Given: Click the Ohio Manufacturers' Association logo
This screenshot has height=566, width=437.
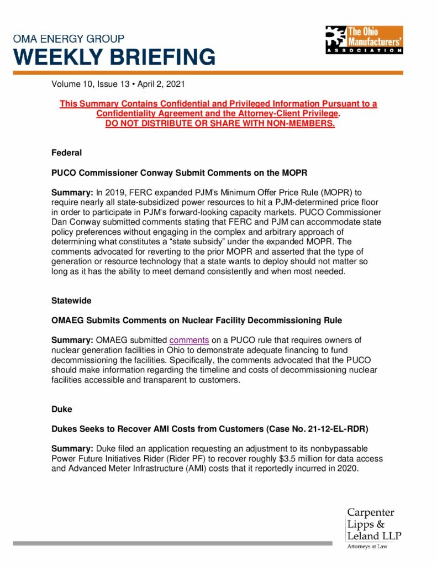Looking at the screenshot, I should [x=364, y=40].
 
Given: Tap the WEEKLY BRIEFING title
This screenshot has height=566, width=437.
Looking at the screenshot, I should [x=114, y=56].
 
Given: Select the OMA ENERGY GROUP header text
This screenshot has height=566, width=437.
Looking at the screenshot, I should [x=69, y=39].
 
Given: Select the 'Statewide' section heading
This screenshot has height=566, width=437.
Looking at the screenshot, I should [x=71, y=301].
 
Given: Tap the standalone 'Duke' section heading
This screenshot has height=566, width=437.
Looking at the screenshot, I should [x=61, y=410].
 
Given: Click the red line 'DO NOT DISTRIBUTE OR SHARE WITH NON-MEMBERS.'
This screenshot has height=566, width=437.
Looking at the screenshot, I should [x=220, y=123].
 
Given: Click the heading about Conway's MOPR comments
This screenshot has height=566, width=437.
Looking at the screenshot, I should [x=179, y=172].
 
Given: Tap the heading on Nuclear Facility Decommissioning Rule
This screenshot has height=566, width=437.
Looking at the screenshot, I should [x=197, y=320].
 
